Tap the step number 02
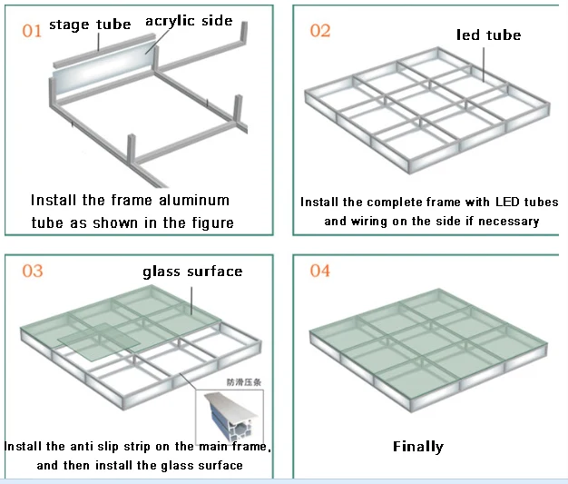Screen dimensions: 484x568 pyautogui.click(x=320, y=31)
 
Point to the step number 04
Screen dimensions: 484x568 pyautogui.click(x=320, y=272)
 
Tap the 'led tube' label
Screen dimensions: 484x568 pyautogui.click(x=489, y=35)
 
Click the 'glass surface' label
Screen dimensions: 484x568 pyautogui.click(x=192, y=272)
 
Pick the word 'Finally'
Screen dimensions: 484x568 pyautogui.click(x=418, y=446)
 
